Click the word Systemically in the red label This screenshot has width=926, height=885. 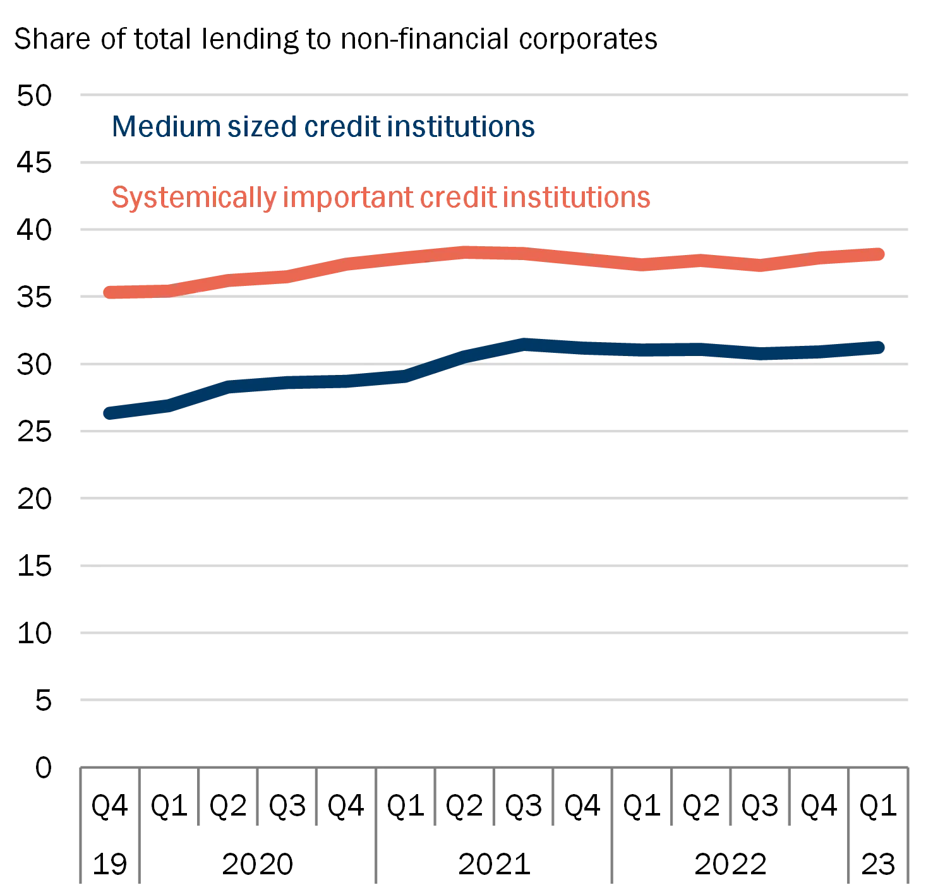point(194,198)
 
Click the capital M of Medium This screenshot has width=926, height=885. point(124,127)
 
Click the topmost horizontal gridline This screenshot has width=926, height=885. point(493,96)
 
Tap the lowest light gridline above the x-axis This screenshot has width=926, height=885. point(493,699)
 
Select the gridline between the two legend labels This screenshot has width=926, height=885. point(493,162)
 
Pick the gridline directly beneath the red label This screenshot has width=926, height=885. point(493,230)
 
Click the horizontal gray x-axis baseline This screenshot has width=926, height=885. point(493,767)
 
